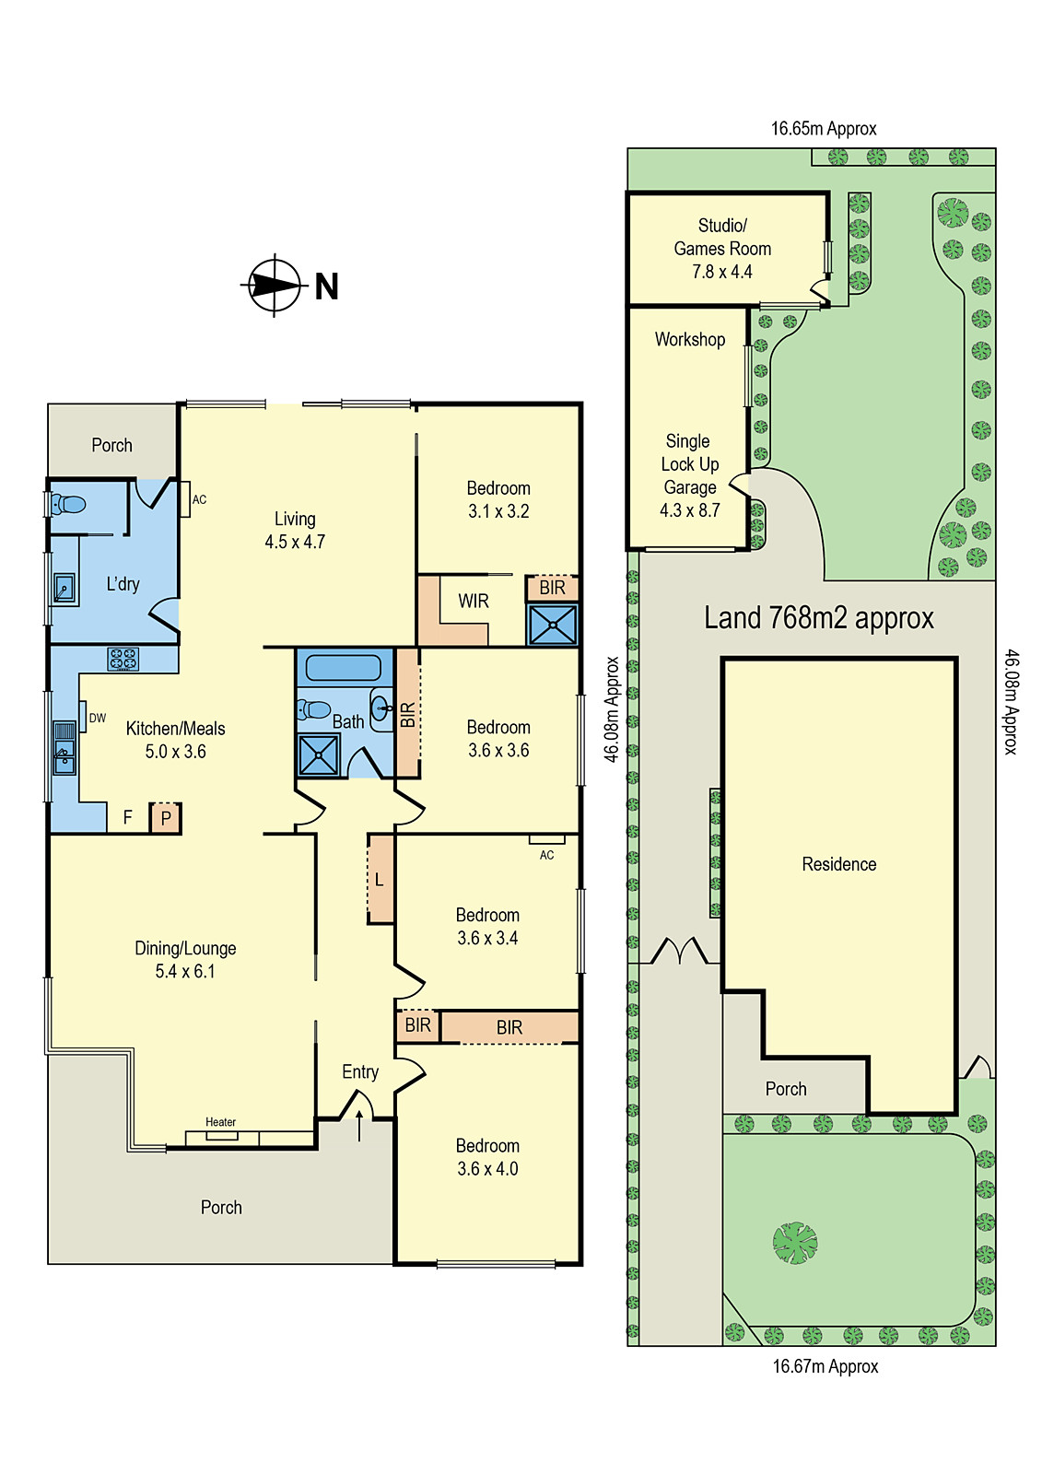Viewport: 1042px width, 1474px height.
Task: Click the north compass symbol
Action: coord(275,286)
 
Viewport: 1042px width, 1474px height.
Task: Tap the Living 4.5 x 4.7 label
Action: coord(295,531)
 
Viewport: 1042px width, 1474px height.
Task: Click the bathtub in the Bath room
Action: coord(343,667)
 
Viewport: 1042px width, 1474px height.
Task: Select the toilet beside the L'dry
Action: coord(67,504)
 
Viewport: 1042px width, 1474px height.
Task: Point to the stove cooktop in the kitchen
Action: coord(123,659)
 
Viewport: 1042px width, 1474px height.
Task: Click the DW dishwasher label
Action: coord(98,718)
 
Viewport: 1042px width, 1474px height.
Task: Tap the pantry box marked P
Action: coord(166,818)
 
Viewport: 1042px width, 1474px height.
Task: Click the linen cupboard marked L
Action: coord(380,880)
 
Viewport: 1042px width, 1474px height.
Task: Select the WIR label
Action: coord(474,602)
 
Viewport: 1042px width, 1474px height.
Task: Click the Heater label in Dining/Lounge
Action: coord(220,1122)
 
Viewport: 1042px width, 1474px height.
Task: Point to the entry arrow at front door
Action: coord(359,1126)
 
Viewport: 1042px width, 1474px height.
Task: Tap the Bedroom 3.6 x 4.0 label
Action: coord(487,1157)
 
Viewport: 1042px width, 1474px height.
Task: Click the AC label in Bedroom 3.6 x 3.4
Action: coord(547,855)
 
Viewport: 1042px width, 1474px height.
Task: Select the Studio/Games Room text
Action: coord(722,237)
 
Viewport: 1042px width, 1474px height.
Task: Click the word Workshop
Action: coord(690,339)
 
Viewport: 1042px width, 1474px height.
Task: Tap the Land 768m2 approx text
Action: coord(818,618)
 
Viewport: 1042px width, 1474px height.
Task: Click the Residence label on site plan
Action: coord(838,864)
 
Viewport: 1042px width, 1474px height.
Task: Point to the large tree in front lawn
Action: coord(795,1243)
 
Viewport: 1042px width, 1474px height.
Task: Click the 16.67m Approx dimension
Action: coord(825,1366)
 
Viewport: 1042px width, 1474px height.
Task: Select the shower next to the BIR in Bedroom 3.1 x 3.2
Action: coord(552,624)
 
